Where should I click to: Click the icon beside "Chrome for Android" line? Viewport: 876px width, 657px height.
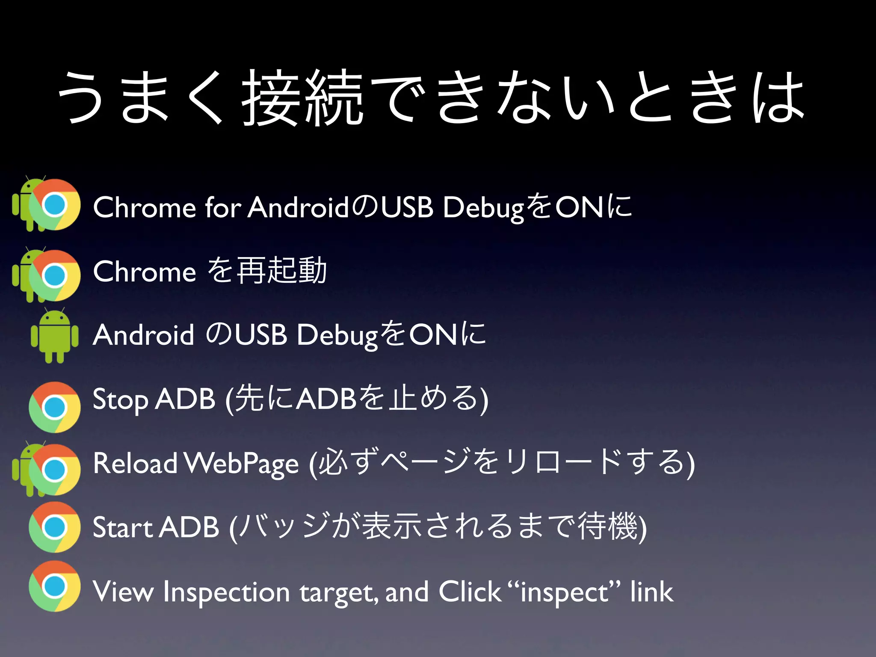(47, 204)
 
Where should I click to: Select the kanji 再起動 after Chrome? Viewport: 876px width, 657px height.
(282, 271)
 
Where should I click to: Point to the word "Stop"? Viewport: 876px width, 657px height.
(120, 400)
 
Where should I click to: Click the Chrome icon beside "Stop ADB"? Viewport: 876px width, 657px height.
(54, 407)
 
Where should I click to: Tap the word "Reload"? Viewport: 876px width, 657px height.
(135, 463)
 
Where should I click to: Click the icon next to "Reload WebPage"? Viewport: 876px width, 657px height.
(47, 469)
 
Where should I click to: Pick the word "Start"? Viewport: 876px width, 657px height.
(122, 527)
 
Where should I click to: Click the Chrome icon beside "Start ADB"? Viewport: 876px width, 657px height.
(54, 527)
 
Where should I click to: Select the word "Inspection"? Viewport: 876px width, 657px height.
(227, 592)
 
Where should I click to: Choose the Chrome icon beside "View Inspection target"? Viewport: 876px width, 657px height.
(54, 586)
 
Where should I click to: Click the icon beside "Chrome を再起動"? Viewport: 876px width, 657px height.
(47, 275)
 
